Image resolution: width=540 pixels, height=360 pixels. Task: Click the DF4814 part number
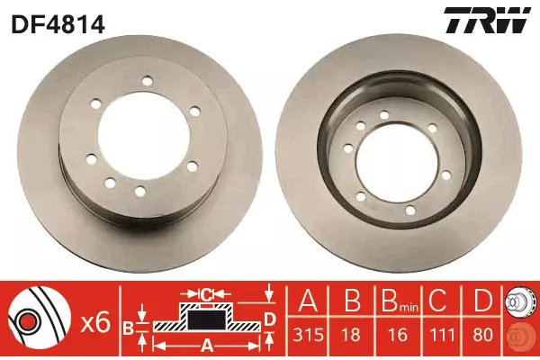pyautogui.click(x=58, y=24)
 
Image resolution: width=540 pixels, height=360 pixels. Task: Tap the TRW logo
pyautogui.click(x=487, y=21)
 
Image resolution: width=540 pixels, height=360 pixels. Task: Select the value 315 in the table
pyautogui.click(x=308, y=335)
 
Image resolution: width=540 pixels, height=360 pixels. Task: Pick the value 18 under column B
pyautogui.click(x=352, y=335)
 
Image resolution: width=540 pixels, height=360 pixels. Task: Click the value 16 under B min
pyautogui.click(x=398, y=335)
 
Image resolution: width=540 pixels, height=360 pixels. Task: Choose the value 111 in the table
pyautogui.click(x=442, y=335)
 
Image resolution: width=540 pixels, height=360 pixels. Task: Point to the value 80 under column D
pyautogui.click(x=482, y=335)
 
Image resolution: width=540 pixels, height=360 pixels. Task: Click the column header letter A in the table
pyautogui.click(x=308, y=300)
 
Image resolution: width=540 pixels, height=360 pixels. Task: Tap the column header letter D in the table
pyautogui.click(x=482, y=300)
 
